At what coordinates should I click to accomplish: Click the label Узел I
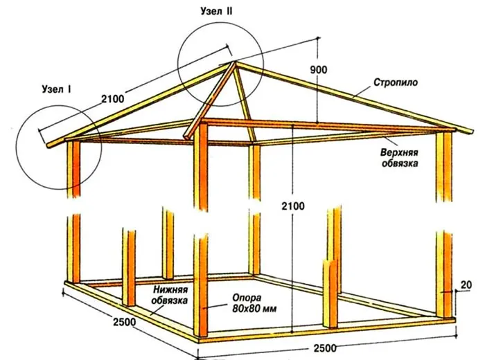[x=58, y=89]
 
